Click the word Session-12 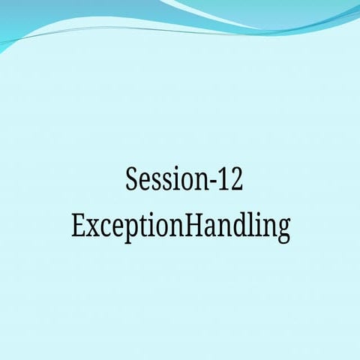click(184, 181)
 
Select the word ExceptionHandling click(181, 226)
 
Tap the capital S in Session click(133, 181)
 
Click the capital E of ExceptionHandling click(78, 226)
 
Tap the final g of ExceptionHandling click(283, 230)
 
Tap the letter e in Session click(146, 184)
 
